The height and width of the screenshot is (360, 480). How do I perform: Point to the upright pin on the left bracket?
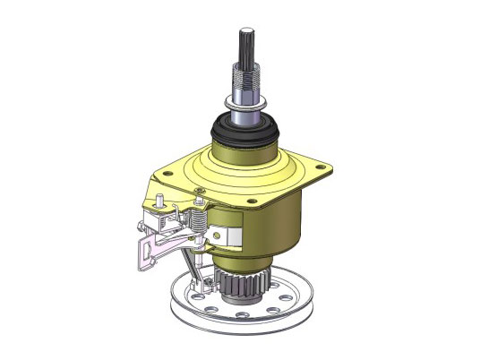159,199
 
